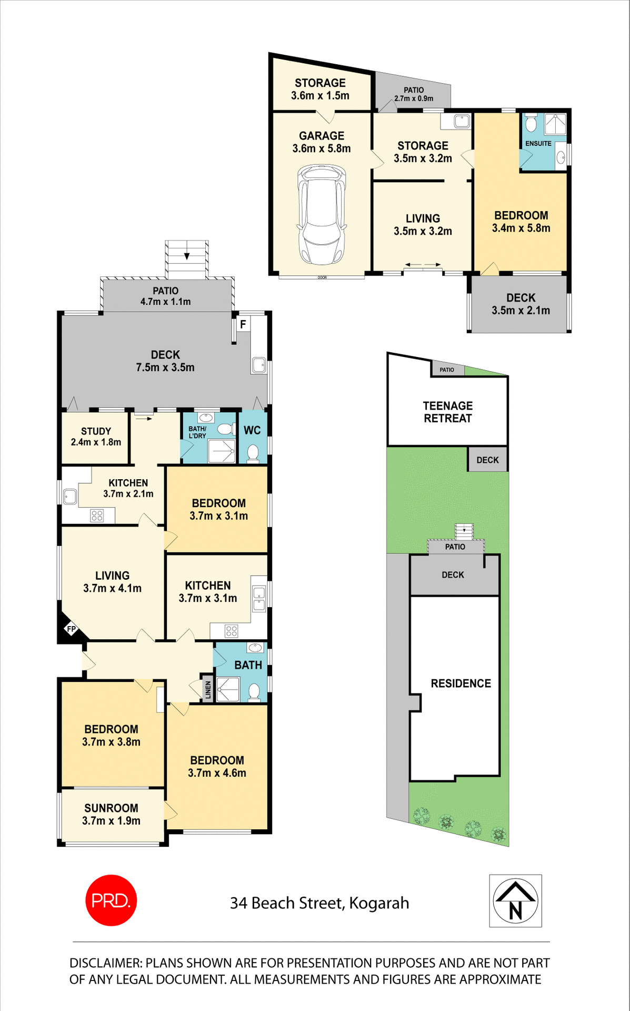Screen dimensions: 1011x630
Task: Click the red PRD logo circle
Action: (x=111, y=900)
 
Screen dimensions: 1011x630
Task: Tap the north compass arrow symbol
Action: (x=515, y=900)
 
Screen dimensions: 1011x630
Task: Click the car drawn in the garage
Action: (x=322, y=214)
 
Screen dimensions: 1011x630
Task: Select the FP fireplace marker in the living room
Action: (x=71, y=629)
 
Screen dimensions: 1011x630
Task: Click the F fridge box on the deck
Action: (x=243, y=324)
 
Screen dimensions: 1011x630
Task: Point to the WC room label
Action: (x=252, y=430)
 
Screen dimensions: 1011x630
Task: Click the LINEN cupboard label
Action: (x=208, y=689)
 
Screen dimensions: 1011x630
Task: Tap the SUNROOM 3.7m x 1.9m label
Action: (x=111, y=814)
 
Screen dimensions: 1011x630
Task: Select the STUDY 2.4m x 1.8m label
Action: (x=96, y=437)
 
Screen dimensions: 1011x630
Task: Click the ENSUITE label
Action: (x=538, y=143)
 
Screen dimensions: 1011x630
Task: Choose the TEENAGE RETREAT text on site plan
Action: (x=448, y=412)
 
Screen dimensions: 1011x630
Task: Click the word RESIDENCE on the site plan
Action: (x=461, y=683)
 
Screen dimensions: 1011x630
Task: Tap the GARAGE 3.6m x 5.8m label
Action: (x=322, y=142)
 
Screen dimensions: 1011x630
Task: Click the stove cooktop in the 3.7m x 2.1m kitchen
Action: (x=97, y=515)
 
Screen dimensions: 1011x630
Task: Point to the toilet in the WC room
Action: (x=253, y=453)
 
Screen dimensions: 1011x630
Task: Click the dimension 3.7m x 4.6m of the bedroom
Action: (x=217, y=773)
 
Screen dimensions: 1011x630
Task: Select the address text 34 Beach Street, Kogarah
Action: (x=319, y=903)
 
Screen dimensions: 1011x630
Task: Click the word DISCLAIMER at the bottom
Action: (x=105, y=963)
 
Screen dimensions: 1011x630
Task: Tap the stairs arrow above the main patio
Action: (x=186, y=256)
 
